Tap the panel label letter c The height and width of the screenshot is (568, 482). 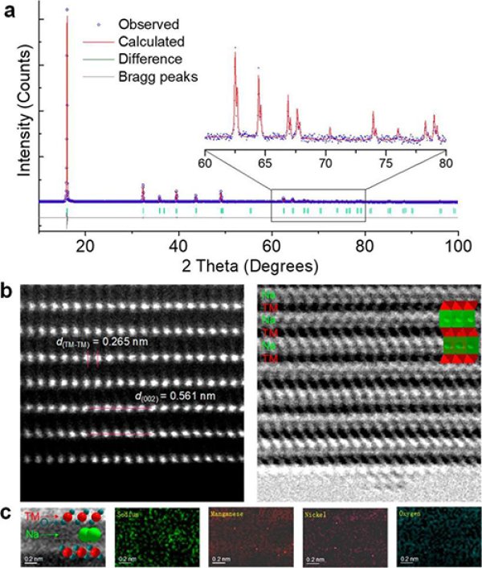tap(9, 511)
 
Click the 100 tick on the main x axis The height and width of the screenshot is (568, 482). tap(455, 247)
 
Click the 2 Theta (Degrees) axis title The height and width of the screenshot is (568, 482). tap(247, 264)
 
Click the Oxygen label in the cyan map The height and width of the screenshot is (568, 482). tap(410, 511)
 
